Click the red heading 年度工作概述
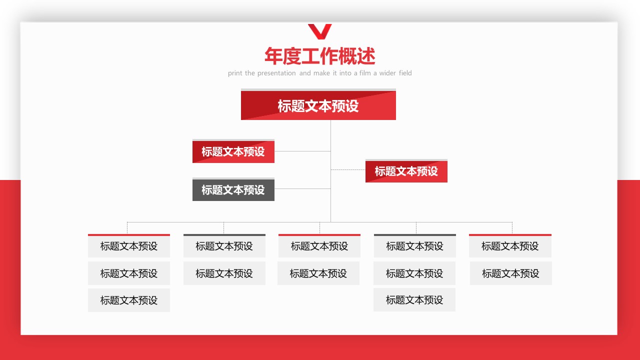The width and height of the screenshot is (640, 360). pyautogui.click(x=319, y=56)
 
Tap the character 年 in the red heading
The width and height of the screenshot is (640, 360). pyautogui.click(x=273, y=56)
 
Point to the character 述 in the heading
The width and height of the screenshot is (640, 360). pyautogui.click(x=366, y=56)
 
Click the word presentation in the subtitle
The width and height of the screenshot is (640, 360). pyautogui.click(x=276, y=73)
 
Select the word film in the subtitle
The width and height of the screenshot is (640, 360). pyautogui.click(x=365, y=73)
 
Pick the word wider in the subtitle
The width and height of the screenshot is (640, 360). pyautogui.click(x=387, y=73)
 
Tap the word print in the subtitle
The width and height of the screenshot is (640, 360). pyautogui.click(x=235, y=73)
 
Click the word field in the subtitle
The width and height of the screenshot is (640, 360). pyautogui.click(x=405, y=73)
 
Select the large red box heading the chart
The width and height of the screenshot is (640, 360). pyautogui.click(x=318, y=104)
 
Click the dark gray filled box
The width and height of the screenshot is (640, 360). pyautogui.click(x=233, y=189)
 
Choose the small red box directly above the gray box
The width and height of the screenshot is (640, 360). pyautogui.click(x=233, y=151)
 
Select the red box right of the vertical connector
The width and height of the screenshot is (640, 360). pyautogui.click(x=406, y=171)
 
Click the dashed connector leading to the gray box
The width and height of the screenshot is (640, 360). pyautogui.click(x=302, y=188)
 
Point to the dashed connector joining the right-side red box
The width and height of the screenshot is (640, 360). pyautogui.click(x=348, y=169)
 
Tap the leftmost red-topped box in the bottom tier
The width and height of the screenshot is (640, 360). pyautogui.click(x=129, y=245)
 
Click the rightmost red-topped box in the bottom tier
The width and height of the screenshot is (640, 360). pyautogui.click(x=510, y=245)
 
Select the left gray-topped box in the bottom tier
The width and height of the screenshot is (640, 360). pyautogui.click(x=224, y=245)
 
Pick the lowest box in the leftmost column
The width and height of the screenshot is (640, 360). pyautogui.click(x=129, y=300)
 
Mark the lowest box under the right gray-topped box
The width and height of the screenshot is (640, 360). pyautogui.click(x=414, y=299)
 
